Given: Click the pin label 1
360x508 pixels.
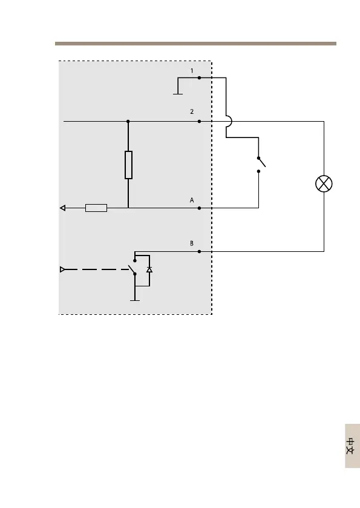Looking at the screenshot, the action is pyautogui.click(x=192, y=71).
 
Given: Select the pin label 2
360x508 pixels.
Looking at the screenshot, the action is pyautogui.click(x=192, y=111).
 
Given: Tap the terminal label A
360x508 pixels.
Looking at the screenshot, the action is pyautogui.click(x=192, y=200).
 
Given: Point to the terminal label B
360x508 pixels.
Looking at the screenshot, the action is pyautogui.click(x=192, y=243).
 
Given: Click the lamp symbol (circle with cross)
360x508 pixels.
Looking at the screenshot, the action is pyautogui.click(x=324, y=183).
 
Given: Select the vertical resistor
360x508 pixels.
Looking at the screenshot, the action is pyautogui.click(x=128, y=165).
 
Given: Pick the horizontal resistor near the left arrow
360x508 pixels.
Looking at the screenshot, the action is pyautogui.click(x=96, y=208).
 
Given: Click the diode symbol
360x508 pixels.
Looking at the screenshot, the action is pyautogui.click(x=149, y=269).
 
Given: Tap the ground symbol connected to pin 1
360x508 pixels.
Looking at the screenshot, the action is pyautogui.click(x=178, y=94).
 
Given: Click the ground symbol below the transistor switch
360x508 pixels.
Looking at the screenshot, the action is pyautogui.click(x=135, y=301).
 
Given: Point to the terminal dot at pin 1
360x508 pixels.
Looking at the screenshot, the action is pyautogui.click(x=199, y=78).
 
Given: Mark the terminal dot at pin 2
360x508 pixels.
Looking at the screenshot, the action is pyautogui.click(x=199, y=122).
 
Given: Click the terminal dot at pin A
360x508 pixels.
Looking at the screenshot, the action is pyautogui.click(x=199, y=208).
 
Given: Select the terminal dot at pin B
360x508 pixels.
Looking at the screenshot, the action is pyautogui.click(x=199, y=251).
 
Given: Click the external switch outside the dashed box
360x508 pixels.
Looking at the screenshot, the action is pyautogui.click(x=261, y=164).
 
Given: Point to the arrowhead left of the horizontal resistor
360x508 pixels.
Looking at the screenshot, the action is pyautogui.click(x=63, y=208).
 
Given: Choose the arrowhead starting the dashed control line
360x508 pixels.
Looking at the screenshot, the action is pyautogui.click(x=62, y=269).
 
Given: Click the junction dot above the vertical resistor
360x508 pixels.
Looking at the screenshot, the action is pyautogui.click(x=128, y=122).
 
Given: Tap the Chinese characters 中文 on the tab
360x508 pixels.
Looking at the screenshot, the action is pyautogui.click(x=350, y=446).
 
